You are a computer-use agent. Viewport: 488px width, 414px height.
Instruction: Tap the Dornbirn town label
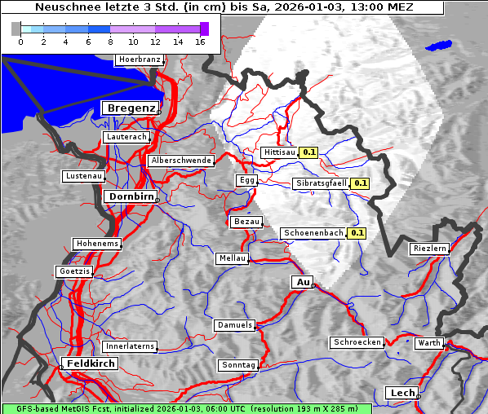pos(131,196)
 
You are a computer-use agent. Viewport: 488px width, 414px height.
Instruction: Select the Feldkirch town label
pos(90,363)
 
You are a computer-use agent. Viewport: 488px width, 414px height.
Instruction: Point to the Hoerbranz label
pos(139,59)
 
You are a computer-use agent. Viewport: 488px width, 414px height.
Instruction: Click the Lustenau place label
pos(84,176)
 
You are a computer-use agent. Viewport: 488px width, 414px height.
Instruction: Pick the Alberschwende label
pos(181,161)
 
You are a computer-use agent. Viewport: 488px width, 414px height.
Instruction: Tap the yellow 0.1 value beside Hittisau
pos(309,152)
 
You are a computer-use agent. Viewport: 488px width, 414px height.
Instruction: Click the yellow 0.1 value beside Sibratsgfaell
pos(361,183)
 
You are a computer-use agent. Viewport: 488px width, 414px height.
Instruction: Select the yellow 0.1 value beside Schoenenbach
pos(357,233)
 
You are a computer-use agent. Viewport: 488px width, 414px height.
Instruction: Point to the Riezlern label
pos(430,248)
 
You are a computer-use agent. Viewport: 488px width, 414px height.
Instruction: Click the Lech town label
pos(402,393)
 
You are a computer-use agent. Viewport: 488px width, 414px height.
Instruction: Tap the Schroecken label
pos(357,342)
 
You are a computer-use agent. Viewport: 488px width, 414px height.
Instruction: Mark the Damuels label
pos(235,325)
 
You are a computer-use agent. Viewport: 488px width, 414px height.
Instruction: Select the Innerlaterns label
pos(130,346)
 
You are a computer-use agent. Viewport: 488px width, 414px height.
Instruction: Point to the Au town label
pos(302,282)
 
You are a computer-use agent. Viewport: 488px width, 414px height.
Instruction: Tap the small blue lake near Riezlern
pos(439,46)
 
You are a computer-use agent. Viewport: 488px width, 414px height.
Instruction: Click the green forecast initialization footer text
pos(186,408)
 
